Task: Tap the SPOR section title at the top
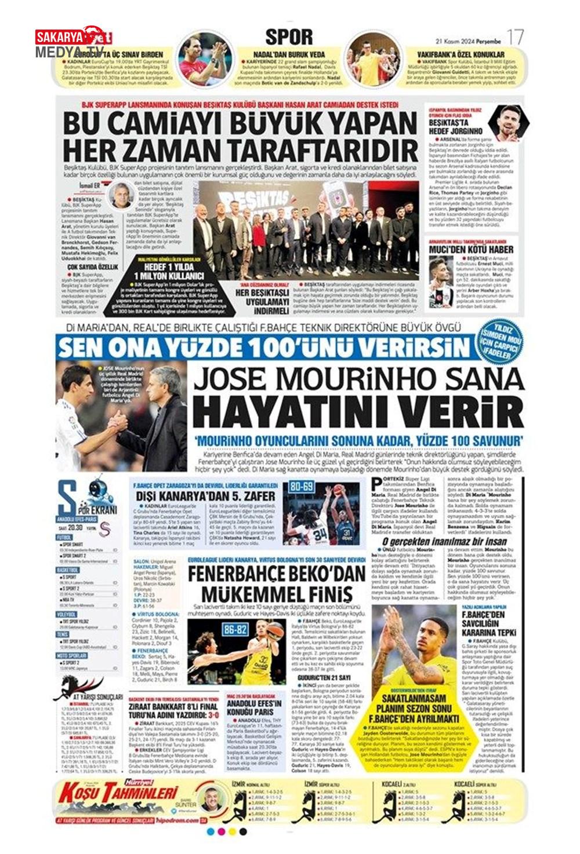pos(288,37)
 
